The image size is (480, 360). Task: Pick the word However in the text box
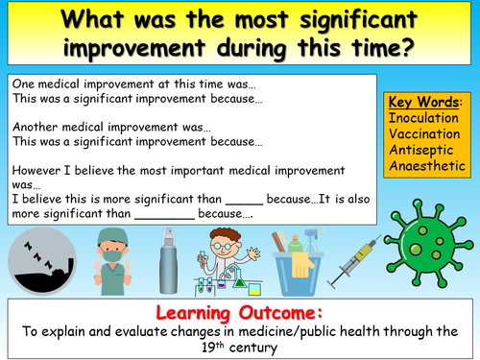(x=36, y=169)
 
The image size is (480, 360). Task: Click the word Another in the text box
(x=35, y=126)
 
